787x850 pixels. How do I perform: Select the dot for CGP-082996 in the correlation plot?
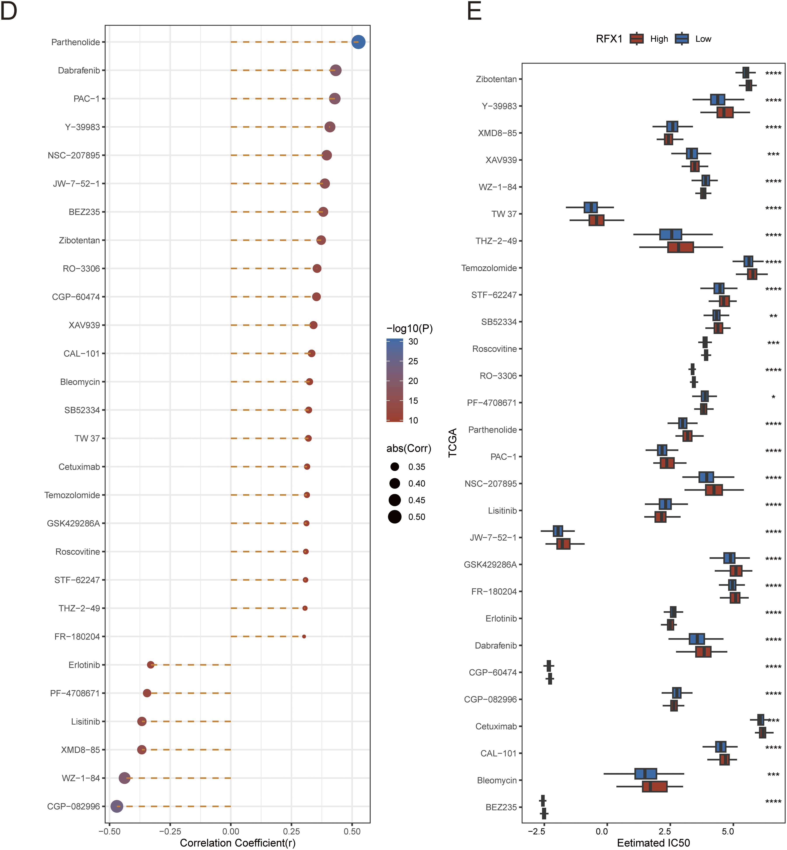coord(117,806)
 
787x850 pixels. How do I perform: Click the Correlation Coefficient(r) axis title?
coord(238,843)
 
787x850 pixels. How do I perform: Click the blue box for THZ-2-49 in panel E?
coord(670,234)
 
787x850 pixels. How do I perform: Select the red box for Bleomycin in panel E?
coord(654,787)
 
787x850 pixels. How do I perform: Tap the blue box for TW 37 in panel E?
coord(591,207)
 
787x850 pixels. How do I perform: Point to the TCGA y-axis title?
coord(453,443)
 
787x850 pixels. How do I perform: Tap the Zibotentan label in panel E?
coord(496,79)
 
